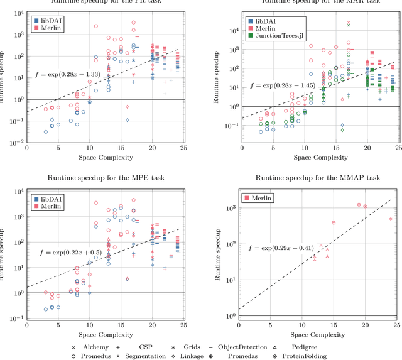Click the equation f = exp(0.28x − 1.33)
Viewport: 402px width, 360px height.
pyautogui.click(x=67, y=74)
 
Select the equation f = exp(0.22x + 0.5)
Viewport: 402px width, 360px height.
pyautogui.click(x=66, y=252)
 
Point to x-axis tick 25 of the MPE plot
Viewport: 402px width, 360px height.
pyautogui.click(x=183, y=325)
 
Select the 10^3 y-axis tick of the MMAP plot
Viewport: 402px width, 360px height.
pyautogui.click(x=230, y=207)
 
